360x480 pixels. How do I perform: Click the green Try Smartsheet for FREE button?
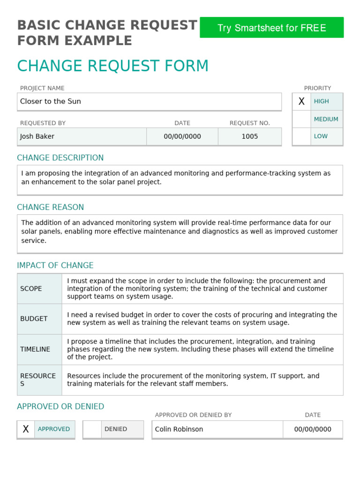pos(271,28)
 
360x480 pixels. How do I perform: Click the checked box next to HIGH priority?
pos(301,101)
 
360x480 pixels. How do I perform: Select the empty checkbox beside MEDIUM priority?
pos(301,119)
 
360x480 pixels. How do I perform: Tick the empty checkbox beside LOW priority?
pos(301,136)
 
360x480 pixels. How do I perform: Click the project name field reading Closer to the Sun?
pos(149,101)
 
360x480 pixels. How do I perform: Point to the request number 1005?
pos(249,136)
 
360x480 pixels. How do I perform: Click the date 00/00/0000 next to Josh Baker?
pos(182,136)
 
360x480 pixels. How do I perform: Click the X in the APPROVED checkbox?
pos(26,429)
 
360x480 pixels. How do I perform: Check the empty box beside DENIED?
pos(92,429)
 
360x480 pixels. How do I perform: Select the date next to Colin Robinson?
pos(313,429)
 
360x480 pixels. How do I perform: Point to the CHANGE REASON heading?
pos(51,207)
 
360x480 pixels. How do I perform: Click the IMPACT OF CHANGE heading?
pos(55,265)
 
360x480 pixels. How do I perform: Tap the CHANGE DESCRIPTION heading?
pos(60,157)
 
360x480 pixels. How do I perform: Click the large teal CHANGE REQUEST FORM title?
pos(113,66)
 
